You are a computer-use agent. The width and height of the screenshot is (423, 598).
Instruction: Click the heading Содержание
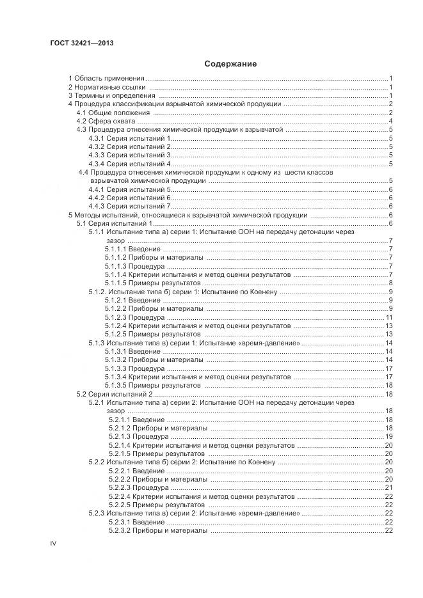pyautogui.click(x=230, y=64)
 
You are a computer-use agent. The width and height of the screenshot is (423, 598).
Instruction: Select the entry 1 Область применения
pyautogui.click(x=106, y=78)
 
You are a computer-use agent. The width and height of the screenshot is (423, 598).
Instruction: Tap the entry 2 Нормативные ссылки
pyautogui.click(x=106, y=87)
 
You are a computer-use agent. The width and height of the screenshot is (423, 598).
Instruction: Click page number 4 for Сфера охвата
pyautogui.click(x=390, y=121)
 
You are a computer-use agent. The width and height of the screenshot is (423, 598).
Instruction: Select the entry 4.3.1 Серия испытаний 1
pyautogui.click(x=129, y=138)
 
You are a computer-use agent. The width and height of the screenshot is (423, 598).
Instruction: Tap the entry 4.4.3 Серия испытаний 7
pyautogui.click(x=129, y=207)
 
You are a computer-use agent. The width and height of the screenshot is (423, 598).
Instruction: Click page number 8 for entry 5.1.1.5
pyautogui.click(x=390, y=283)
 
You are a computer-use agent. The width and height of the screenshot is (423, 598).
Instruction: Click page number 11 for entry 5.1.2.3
pyautogui.click(x=388, y=318)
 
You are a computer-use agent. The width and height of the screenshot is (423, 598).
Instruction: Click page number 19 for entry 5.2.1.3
pyautogui.click(x=388, y=436)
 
